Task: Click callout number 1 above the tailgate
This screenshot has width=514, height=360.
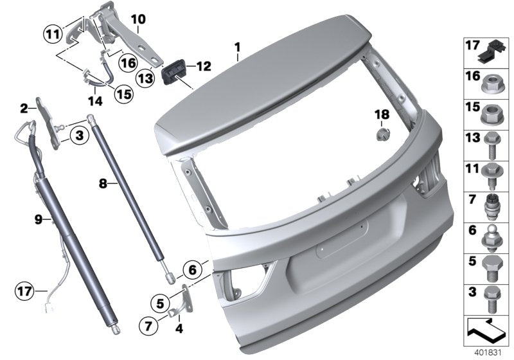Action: (237, 48)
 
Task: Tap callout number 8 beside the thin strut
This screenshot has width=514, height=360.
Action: (102, 184)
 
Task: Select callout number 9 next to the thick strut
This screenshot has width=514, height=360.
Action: (38, 220)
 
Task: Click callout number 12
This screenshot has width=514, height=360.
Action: (203, 66)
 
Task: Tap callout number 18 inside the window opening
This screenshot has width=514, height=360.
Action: (382, 114)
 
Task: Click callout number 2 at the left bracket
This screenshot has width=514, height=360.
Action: (24, 108)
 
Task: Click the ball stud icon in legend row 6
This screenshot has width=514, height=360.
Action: (493, 236)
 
